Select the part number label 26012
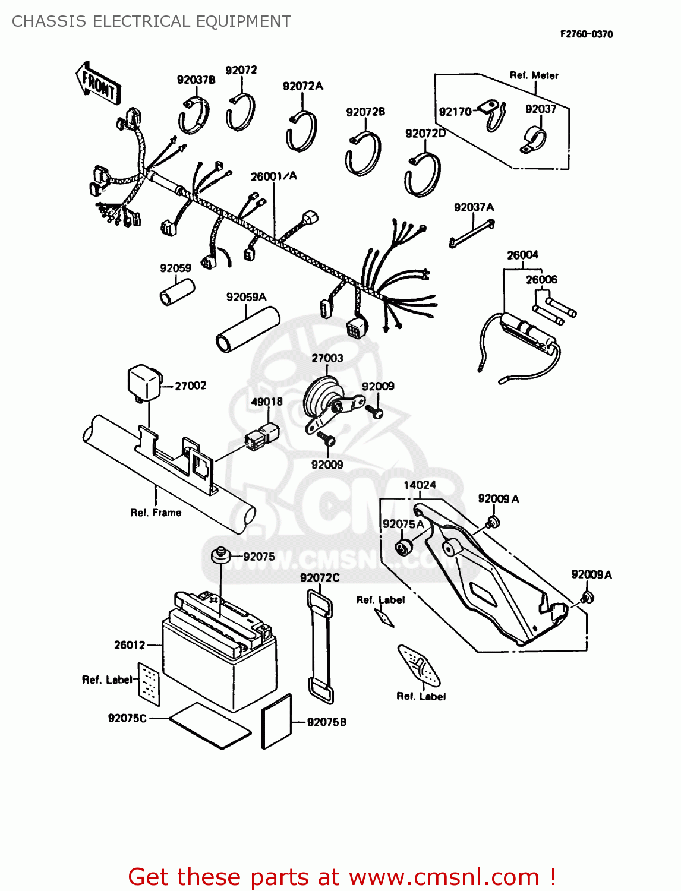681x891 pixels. (x=129, y=645)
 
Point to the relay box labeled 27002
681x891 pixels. (x=144, y=382)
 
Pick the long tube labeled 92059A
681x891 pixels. (x=247, y=328)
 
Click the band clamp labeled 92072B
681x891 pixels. (x=362, y=154)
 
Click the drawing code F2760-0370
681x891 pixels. (x=586, y=34)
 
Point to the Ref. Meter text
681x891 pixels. (x=534, y=75)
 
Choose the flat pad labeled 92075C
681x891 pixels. (x=210, y=725)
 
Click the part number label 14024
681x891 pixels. (x=420, y=485)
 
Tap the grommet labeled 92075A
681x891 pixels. (x=404, y=546)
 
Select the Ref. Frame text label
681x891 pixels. (x=156, y=513)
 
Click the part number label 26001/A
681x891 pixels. (x=273, y=176)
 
